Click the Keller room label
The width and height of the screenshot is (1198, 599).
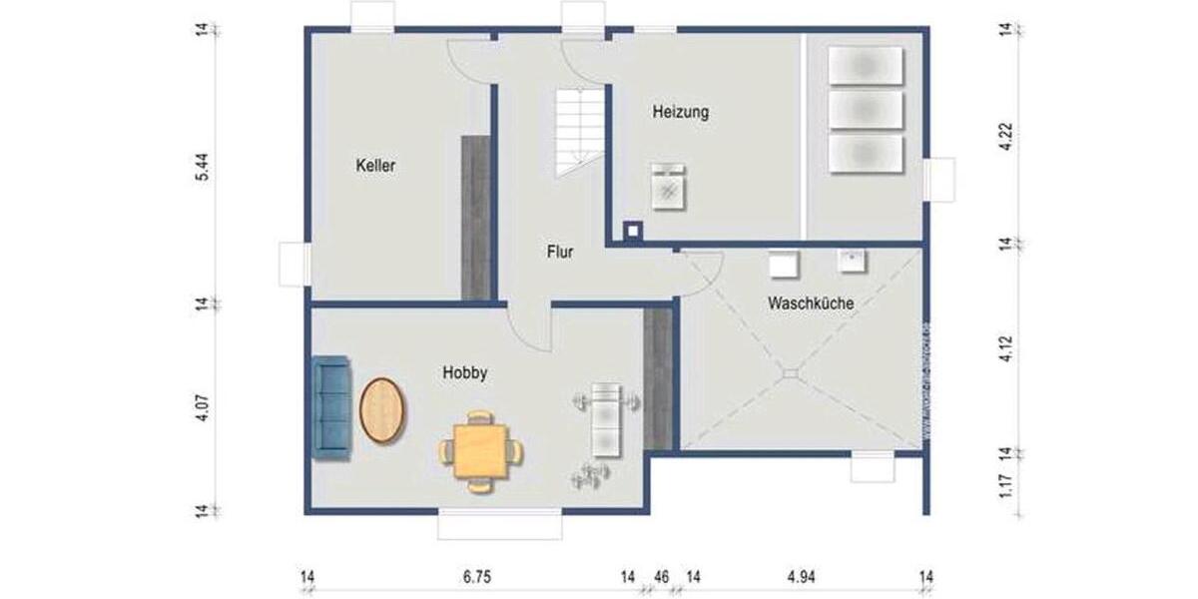tap(375, 166)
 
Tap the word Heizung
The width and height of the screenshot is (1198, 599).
tap(681, 112)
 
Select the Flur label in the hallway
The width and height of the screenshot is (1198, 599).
tap(560, 253)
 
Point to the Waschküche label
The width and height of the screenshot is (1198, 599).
tap(811, 302)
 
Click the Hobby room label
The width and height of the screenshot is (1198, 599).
tap(464, 373)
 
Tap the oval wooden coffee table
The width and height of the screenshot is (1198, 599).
tap(382, 410)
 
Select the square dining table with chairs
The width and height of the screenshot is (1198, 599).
tap(481, 451)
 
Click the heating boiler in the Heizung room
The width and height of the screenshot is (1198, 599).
tap(669, 187)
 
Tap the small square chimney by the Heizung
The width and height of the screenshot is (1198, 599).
tap(632, 232)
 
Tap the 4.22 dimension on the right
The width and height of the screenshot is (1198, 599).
tap(1006, 136)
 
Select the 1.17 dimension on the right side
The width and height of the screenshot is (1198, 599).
tap(1006, 486)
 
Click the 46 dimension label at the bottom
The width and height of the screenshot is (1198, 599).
tap(661, 576)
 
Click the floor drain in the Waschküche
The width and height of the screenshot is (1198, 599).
tap(791, 373)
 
